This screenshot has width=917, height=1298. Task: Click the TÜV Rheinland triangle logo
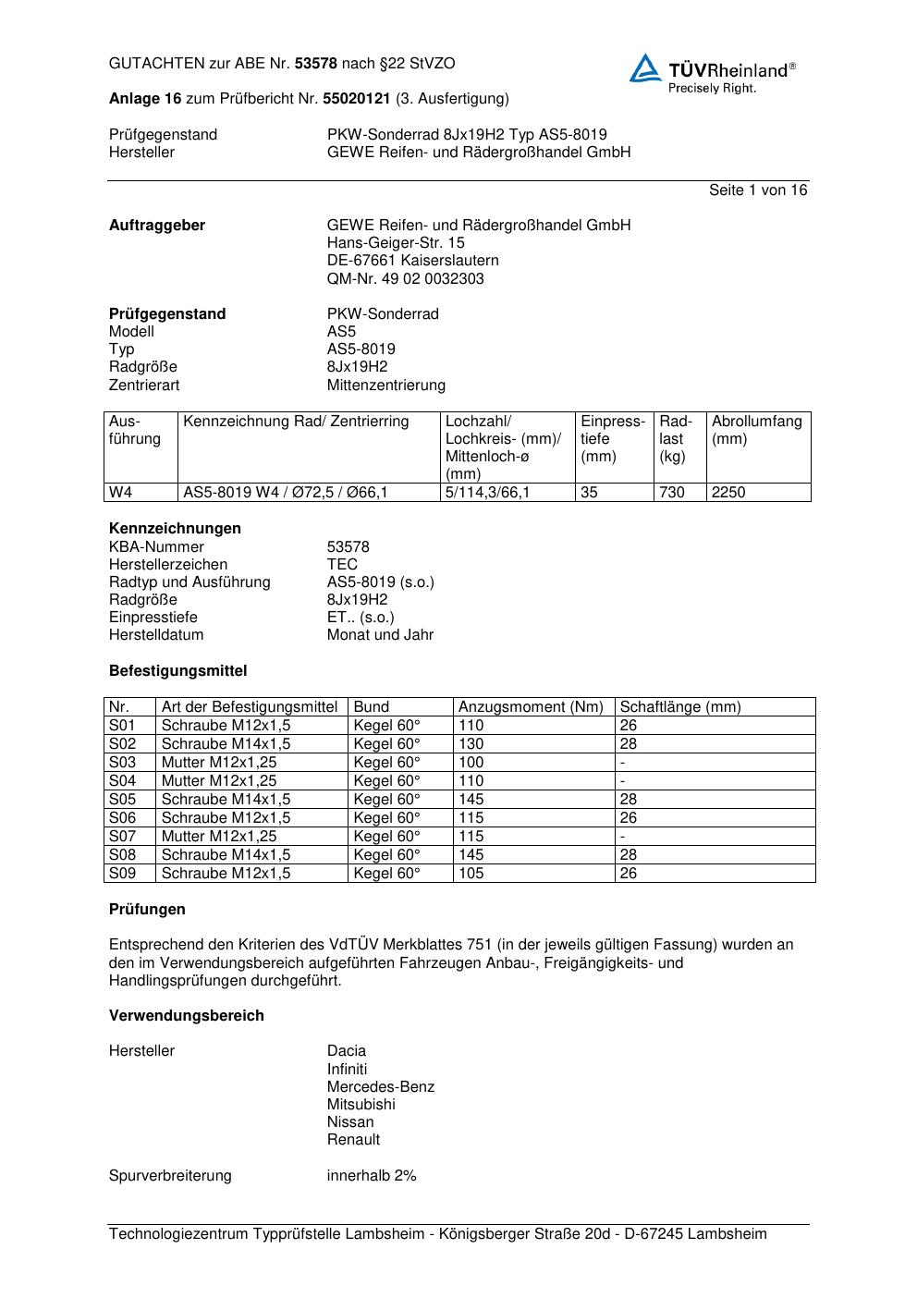645,68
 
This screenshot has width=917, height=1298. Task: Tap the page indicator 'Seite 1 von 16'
757,190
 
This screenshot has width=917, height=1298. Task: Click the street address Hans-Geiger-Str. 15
396,243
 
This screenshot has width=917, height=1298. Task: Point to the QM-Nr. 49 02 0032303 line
405,278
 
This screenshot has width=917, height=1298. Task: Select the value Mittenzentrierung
385,385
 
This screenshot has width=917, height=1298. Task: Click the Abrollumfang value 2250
728,493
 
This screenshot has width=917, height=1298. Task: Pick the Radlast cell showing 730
672,493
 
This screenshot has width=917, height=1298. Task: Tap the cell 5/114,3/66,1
488,493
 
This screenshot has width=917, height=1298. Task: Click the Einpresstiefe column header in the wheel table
613,438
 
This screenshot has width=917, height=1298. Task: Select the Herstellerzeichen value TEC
342,564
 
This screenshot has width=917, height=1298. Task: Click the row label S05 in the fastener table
122,799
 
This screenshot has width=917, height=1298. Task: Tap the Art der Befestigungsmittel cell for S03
219,762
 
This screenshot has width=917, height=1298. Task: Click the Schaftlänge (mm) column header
680,706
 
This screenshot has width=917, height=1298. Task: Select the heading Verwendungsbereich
186,1015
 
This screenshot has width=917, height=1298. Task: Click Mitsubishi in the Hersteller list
361,1104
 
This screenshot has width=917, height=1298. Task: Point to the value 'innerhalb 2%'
372,1175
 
